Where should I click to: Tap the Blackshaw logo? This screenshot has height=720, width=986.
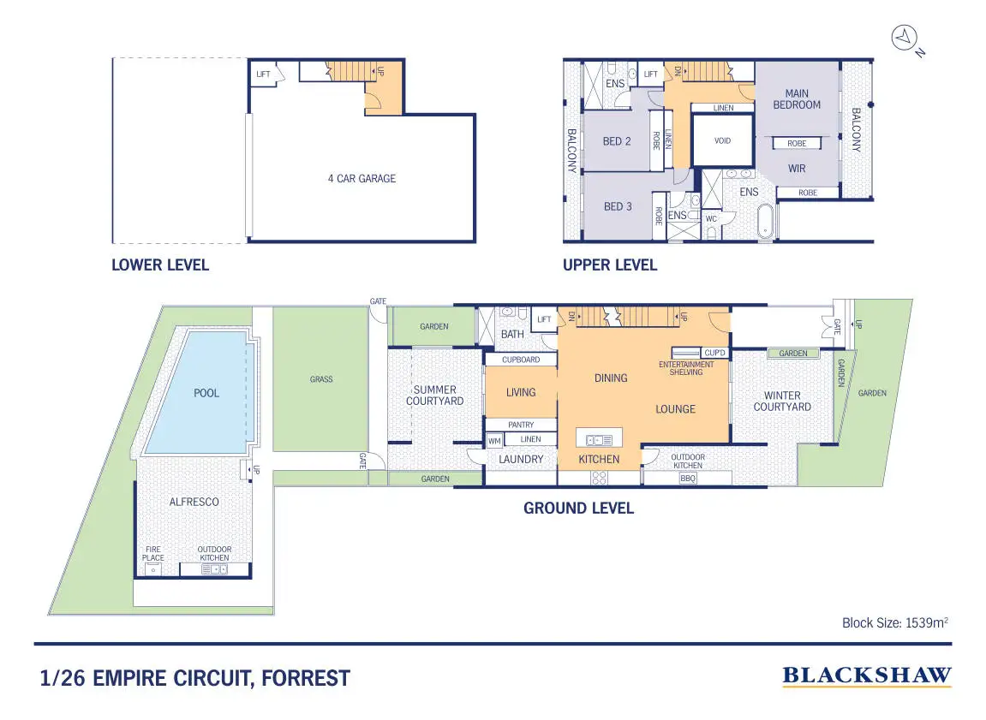pyautogui.click(x=867, y=676)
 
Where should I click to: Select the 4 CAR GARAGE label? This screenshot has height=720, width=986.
pyautogui.click(x=362, y=178)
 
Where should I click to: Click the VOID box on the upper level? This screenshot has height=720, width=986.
pyautogui.click(x=722, y=140)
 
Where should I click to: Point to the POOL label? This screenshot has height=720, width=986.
pyautogui.click(x=206, y=393)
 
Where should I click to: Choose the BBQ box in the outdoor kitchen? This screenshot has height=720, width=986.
pyautogui.click(x=688, y=478)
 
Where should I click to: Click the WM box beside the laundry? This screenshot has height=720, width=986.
pyautogui.click(x=495, y=441)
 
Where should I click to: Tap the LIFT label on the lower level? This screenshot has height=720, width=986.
pyautogui.click(x=263, y=74)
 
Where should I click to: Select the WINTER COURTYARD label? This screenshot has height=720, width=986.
pyautogui.click(x=782, y=401)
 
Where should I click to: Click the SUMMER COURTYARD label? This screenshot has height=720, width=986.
pyautogui.click(x=434, y=396)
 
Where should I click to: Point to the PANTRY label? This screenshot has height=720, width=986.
pyautogui.click(x=522, y=425)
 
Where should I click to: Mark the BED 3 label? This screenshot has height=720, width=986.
pyautogui.click(x=618, y=206)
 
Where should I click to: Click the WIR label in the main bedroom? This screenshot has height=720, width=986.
pyautogui.click(x=797, y=169)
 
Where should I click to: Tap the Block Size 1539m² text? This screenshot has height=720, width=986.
pyautogui.click(x=895, y=622)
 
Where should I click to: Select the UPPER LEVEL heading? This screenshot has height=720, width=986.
pyautogui.click(x=610, y=265)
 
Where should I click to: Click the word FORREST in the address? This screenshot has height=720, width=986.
pyautogui.click(x=306, y=679)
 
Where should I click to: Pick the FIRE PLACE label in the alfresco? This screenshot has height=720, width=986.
pyautogui.click(x=152, y=554)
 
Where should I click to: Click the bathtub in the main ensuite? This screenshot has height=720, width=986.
pyautogui.click(x=765, y=222)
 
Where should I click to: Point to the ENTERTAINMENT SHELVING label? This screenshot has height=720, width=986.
pyautogui.click(x=686, y=368)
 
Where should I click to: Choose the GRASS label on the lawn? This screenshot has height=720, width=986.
pyautogui.click(x=321, y=379)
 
